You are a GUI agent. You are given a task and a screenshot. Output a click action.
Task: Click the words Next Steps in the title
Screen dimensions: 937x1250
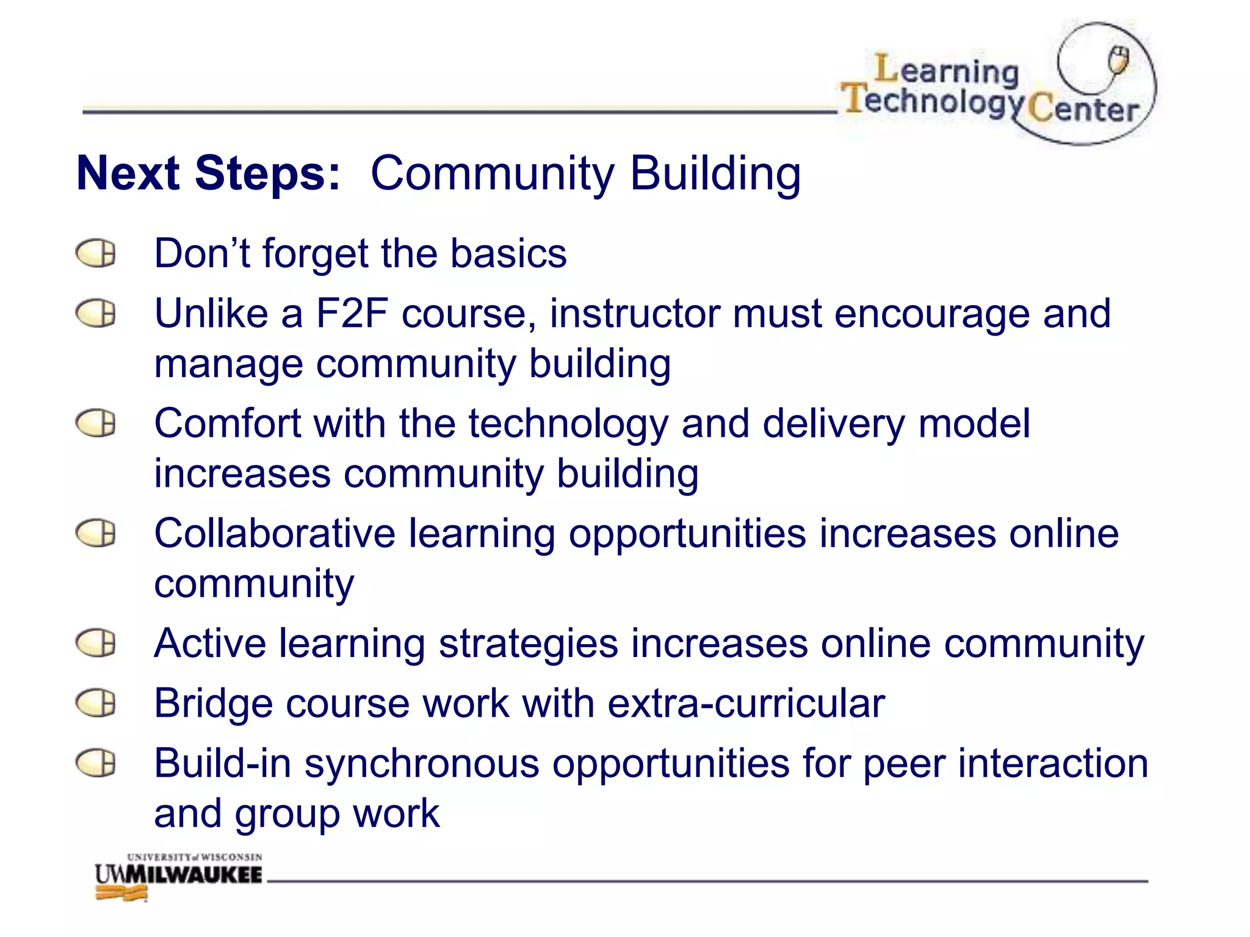208,174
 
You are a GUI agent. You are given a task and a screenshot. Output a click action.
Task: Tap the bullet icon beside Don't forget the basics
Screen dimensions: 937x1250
96,253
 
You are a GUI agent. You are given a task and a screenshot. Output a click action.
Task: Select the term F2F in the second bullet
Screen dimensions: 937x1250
352,314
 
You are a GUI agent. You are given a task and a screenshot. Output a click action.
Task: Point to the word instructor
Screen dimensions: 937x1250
634,314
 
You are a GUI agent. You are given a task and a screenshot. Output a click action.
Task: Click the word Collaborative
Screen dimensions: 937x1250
274,533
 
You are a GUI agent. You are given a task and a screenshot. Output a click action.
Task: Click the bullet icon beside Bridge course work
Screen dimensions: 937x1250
96,703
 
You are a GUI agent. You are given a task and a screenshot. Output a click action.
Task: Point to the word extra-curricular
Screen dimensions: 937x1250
746,703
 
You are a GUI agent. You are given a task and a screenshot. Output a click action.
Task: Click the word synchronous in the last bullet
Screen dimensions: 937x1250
422,764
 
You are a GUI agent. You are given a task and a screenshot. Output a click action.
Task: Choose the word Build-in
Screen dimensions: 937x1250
222,763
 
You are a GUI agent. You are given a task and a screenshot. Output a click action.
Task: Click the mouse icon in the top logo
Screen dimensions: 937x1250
1118,60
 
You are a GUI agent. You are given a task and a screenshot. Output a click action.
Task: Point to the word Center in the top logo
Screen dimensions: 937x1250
1083,110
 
